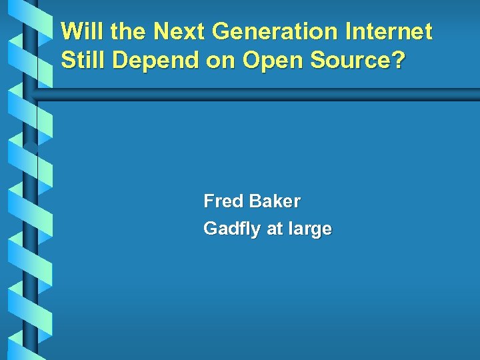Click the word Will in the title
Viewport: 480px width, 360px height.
[x=81, y=31]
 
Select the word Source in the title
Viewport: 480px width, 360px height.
[x=350, y=60]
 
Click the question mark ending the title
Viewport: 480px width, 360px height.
[x=398, y=60]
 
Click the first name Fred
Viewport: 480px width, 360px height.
[x=223, y=201]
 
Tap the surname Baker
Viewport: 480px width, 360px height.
[x=274, y=201]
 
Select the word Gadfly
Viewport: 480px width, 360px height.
[x=232, y=229]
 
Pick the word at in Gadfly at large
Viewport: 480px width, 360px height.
[x=275, y=229]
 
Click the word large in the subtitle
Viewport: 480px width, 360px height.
[x=310, y=229]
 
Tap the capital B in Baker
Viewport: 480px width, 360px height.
[x=254, y=201]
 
